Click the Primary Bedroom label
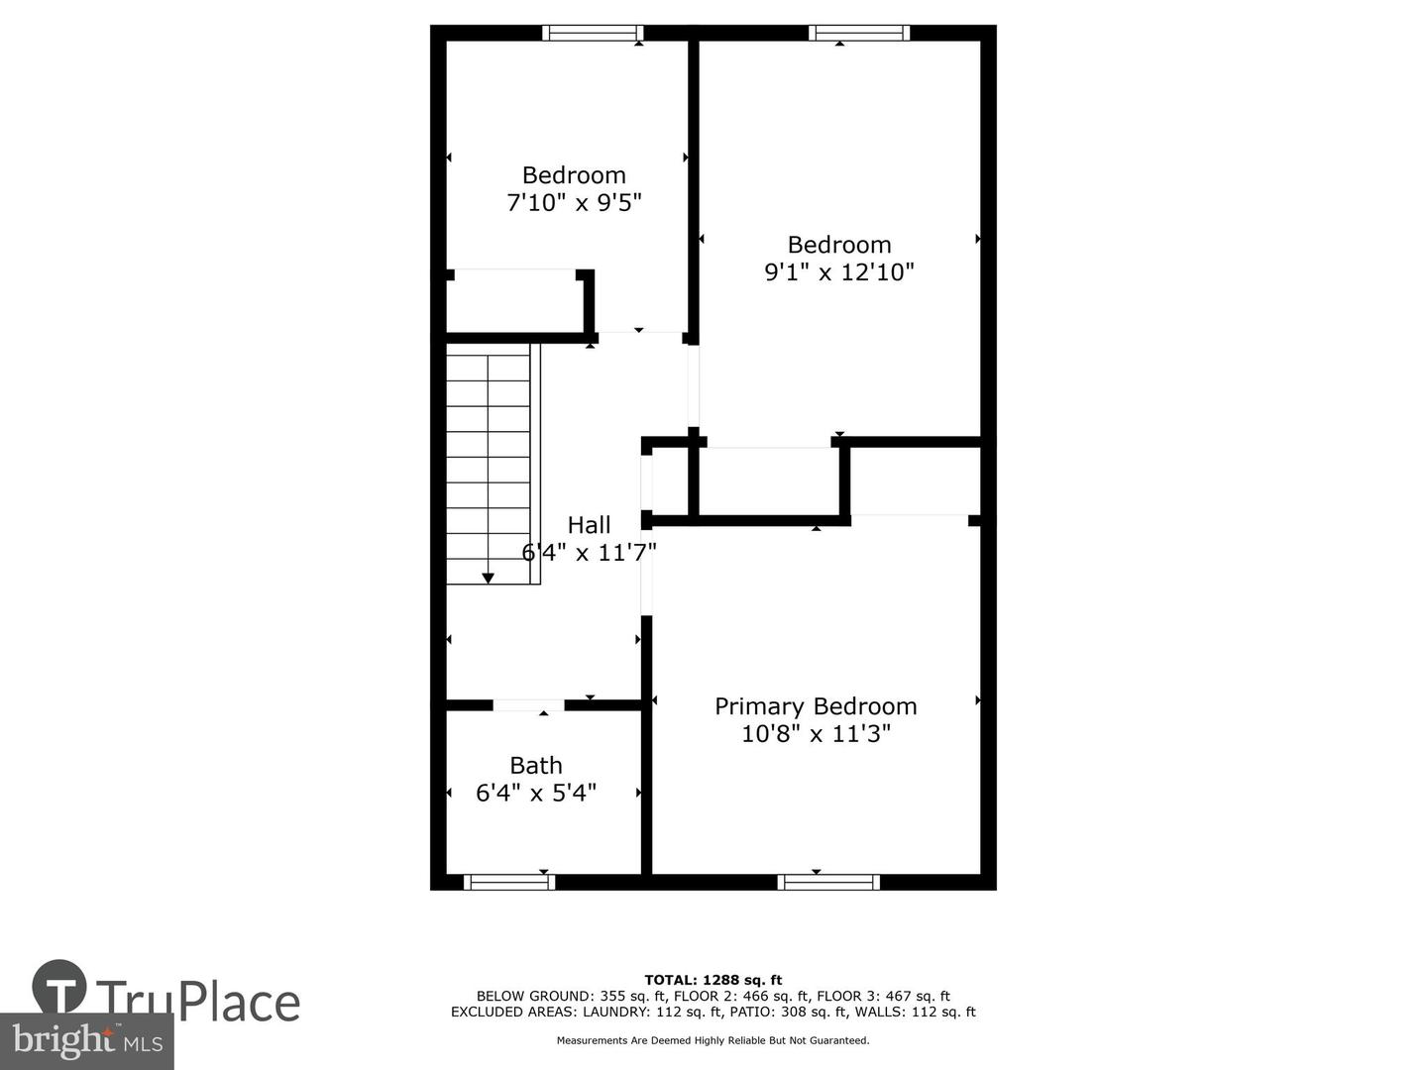(816, 706)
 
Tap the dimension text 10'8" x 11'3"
(816, 733)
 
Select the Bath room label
(536, 765)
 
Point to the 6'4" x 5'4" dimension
(536, 793)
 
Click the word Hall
(589, 525)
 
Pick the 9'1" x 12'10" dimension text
(839, 271)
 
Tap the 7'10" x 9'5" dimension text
(574, 203)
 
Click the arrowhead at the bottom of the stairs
(488, 579)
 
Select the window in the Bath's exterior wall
(509, 882)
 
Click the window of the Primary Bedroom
(828, 882)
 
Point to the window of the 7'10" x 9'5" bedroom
(593, 33)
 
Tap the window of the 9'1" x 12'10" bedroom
(859, 33)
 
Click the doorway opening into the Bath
(528, 704)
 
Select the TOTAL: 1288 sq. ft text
(713, 980)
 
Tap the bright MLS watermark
(87, 1041)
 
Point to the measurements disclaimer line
(713, 1040)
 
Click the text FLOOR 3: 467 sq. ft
(883, 996)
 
